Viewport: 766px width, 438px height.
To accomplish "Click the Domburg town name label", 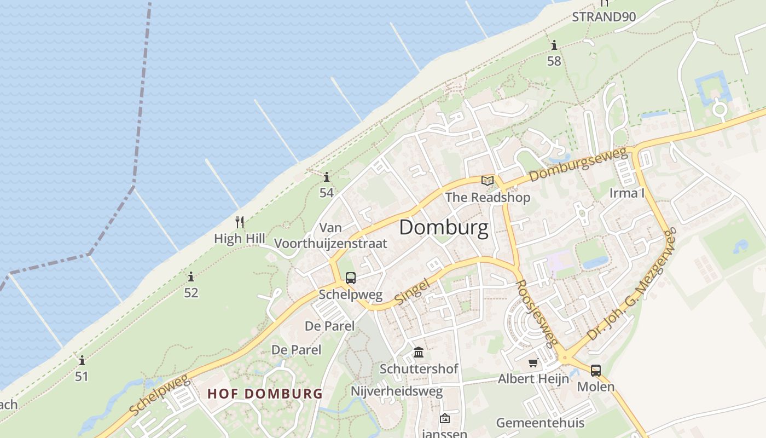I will coord(443,227).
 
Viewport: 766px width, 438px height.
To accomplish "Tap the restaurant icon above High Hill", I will coord(239,222).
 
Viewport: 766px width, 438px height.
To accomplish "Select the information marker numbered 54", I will coord(327,177).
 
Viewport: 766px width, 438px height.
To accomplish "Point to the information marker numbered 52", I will coord(190,276).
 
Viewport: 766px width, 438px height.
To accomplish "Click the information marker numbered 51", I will coord(82,360).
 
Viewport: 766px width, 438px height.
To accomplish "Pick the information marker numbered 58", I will coord(554,45).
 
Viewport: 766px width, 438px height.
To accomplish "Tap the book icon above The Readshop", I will coord(487,180).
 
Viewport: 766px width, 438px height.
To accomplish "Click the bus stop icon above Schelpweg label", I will coord(351,278).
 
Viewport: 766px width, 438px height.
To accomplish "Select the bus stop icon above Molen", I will coord(595,370).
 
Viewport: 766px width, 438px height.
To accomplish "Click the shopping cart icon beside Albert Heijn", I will coord(533,362).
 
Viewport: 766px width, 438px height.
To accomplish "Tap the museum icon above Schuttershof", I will coord(419,351).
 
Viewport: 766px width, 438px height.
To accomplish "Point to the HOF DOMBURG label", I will coord(265,393).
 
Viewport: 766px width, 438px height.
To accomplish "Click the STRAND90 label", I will coord(603,16).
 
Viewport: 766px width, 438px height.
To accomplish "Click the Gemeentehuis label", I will coord(540,423).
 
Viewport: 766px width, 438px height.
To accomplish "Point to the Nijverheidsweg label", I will coord(396,391).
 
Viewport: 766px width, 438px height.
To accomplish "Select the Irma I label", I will coord(627,193).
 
